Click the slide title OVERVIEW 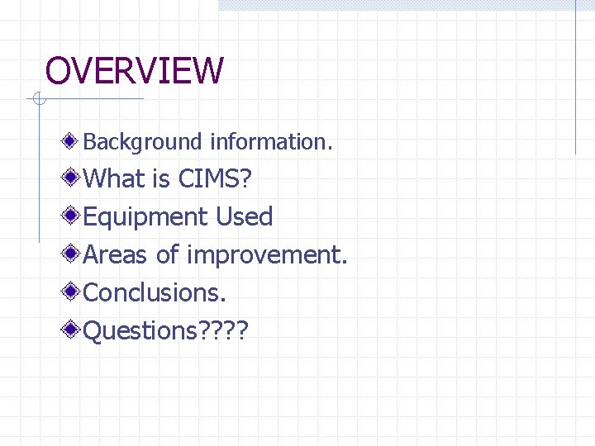tap(134, 71)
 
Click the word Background tap(142, 142)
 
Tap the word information tap(271, 142)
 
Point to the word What tap(116, 178)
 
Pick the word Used tap(244, 216)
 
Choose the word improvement tap(267, 254)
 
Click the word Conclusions tap(155, 292)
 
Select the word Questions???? tap(166, 330)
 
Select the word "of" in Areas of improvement tap(168, 254)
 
